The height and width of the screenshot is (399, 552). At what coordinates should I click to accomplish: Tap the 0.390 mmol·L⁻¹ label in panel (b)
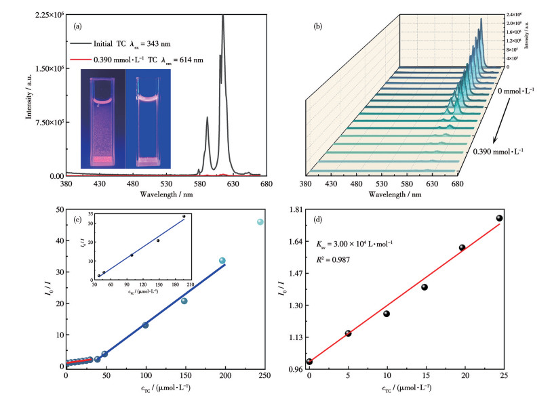[x=502, y=151]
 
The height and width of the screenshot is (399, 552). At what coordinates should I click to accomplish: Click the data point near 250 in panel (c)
[x=260, y=222]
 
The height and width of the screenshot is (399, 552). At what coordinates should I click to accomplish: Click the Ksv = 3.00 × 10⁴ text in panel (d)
[x=357, y=243]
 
